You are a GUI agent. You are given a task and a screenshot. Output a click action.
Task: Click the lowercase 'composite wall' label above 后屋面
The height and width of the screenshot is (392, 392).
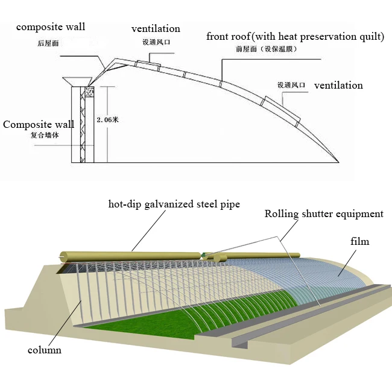(x=51, y=27)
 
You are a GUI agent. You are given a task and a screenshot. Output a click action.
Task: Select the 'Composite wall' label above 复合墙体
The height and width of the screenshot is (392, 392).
(x=39, y=124)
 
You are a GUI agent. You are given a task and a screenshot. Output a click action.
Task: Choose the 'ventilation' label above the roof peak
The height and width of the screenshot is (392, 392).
(x=156, y=28)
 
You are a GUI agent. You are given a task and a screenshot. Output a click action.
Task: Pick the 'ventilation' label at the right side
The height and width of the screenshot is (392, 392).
(x=338, y=85)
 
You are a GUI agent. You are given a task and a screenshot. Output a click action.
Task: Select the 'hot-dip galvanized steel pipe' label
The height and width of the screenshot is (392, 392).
(x=174, y=204)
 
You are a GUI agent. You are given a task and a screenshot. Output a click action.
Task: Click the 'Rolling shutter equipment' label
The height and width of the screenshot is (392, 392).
(x=324, y=213)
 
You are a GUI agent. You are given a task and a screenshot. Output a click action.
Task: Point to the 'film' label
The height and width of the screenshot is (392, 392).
(x=359, y=241)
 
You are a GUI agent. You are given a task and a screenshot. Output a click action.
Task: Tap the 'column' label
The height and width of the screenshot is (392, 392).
(x=44, y=350)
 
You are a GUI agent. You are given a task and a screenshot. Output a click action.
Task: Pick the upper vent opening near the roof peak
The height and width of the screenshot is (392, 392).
(x=147, y=65)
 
